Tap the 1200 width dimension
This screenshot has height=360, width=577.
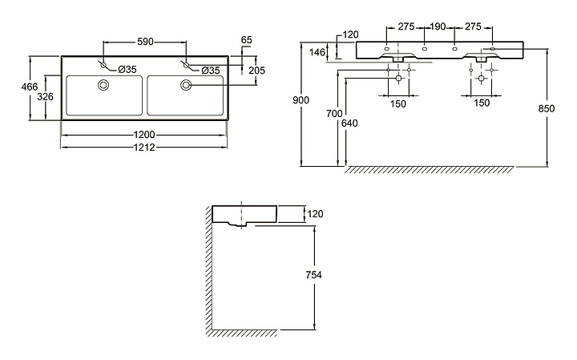144,134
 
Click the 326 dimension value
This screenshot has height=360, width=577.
46,97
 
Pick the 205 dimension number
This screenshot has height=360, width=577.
257,71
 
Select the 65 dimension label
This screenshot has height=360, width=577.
247,38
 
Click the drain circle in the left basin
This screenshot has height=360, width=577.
103,85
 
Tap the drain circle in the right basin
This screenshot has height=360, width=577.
187,85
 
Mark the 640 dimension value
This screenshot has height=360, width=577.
346,124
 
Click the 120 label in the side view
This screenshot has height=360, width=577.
316,214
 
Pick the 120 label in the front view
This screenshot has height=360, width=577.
349,34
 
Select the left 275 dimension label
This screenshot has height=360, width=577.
406,26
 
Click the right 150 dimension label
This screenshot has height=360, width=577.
481,103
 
